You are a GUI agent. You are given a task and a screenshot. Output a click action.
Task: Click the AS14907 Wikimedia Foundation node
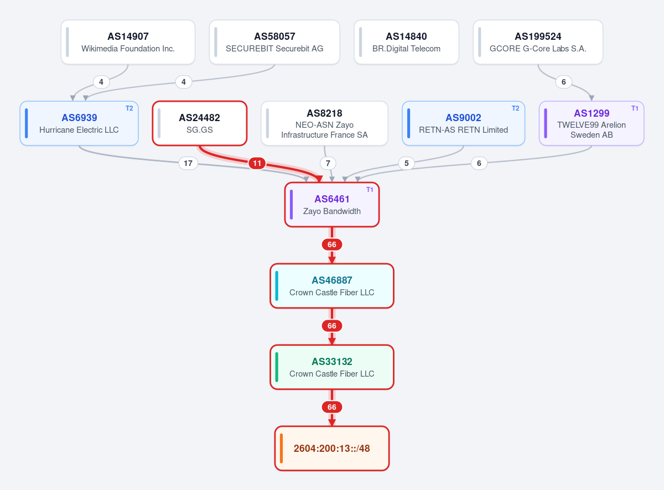[x=128, y=42]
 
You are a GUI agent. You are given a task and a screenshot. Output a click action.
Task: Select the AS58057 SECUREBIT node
[x=274, y=42]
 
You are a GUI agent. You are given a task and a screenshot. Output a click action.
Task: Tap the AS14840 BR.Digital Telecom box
[x=406, y=42]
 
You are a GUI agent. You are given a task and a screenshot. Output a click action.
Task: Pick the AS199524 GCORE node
[x=538, y=42]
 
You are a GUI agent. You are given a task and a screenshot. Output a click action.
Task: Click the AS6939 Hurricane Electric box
[x=79, y=123]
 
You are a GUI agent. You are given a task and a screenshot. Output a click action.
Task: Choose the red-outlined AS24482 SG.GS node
[x=199, y=123]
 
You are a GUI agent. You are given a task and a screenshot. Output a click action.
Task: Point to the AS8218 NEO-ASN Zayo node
[x=324, y=123]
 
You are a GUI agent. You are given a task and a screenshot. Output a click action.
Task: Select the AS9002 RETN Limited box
[x=463, y=123]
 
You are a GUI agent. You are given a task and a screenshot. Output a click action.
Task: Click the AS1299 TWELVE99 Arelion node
[x=592, y=123]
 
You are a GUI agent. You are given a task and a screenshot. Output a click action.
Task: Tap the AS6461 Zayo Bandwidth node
[x=331, y=205]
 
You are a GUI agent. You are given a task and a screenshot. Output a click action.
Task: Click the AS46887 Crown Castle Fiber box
[x=331, y=286]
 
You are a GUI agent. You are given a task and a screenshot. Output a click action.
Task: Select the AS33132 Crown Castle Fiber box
[x=331, y=367]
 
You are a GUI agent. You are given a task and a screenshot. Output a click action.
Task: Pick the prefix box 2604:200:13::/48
[x=331, y=449]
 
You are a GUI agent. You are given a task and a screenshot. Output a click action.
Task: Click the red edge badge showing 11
[x=257, y=163]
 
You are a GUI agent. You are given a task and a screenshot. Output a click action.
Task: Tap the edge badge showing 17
[x=188, y=163]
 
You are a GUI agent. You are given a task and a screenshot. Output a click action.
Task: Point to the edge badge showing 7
[x=328, y=163]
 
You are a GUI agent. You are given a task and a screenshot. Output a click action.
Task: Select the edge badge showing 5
[x=406, y=163]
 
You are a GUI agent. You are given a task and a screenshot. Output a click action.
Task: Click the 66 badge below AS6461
[x=331, y=244]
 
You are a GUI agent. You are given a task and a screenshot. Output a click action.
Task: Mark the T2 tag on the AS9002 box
[x=515, y=108]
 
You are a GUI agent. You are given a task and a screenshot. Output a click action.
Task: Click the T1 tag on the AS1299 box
[x=635, y=108]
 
